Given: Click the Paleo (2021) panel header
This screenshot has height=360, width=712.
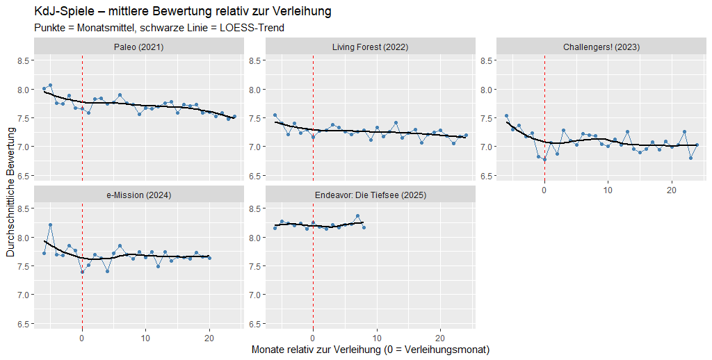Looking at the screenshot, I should [x=139, y=47].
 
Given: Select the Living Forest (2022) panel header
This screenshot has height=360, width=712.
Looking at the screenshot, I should [x=370, y=47].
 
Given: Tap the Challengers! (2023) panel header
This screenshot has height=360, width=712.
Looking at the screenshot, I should [x=601, y=47].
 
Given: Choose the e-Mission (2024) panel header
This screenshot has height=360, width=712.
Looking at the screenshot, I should [x=139, y=195].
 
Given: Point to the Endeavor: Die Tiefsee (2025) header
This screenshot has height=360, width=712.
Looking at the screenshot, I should [x=370, y=195].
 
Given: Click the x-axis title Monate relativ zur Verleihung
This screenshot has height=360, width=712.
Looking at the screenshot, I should [x=370, y=350].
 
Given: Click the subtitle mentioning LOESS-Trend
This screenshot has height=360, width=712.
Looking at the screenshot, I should [x=159, y=28].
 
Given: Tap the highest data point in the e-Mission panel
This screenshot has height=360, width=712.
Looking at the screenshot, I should [x=50, y=225].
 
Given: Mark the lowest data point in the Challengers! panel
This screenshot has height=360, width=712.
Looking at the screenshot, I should [x=544, y=159].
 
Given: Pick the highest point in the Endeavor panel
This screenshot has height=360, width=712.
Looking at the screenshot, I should [x=357, y=216].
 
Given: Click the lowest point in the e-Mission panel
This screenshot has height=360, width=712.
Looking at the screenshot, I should [x=82, y=272].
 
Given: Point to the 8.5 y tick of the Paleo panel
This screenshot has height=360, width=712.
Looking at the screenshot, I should [x=23, y=61].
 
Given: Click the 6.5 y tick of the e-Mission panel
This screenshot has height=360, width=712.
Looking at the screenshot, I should [x=23, y=324].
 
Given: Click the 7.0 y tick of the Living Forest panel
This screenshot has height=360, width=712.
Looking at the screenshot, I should [x=254, y=147].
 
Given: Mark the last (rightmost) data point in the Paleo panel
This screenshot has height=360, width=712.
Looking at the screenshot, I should [x=234, y=117].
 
